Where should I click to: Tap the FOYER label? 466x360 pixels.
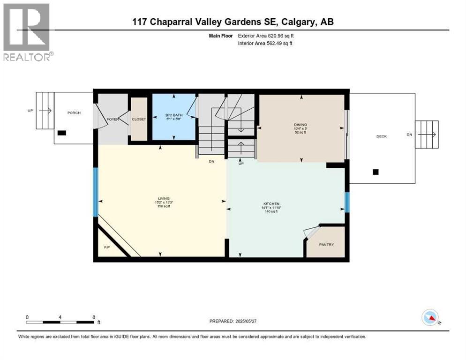pos(113,120)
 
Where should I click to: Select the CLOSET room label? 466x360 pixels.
pos(139,120)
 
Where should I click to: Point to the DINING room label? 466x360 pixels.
pos(300,125)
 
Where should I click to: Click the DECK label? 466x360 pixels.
pos(382,136)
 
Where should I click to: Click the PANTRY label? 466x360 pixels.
pos(326,244)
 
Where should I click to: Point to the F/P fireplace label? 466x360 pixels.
pos(106,247)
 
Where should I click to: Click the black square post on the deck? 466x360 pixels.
pos(375,172)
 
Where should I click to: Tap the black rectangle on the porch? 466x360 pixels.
pos(62,133)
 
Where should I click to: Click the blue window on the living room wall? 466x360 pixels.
pos(96,192)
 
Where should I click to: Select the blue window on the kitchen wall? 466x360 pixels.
pos(347,202)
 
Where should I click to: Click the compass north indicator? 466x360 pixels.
pos(430,317)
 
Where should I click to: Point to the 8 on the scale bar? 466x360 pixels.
pos(94,317)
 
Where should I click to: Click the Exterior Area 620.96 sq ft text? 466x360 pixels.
pos(266,36)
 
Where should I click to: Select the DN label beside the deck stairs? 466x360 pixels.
pos(409,135)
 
